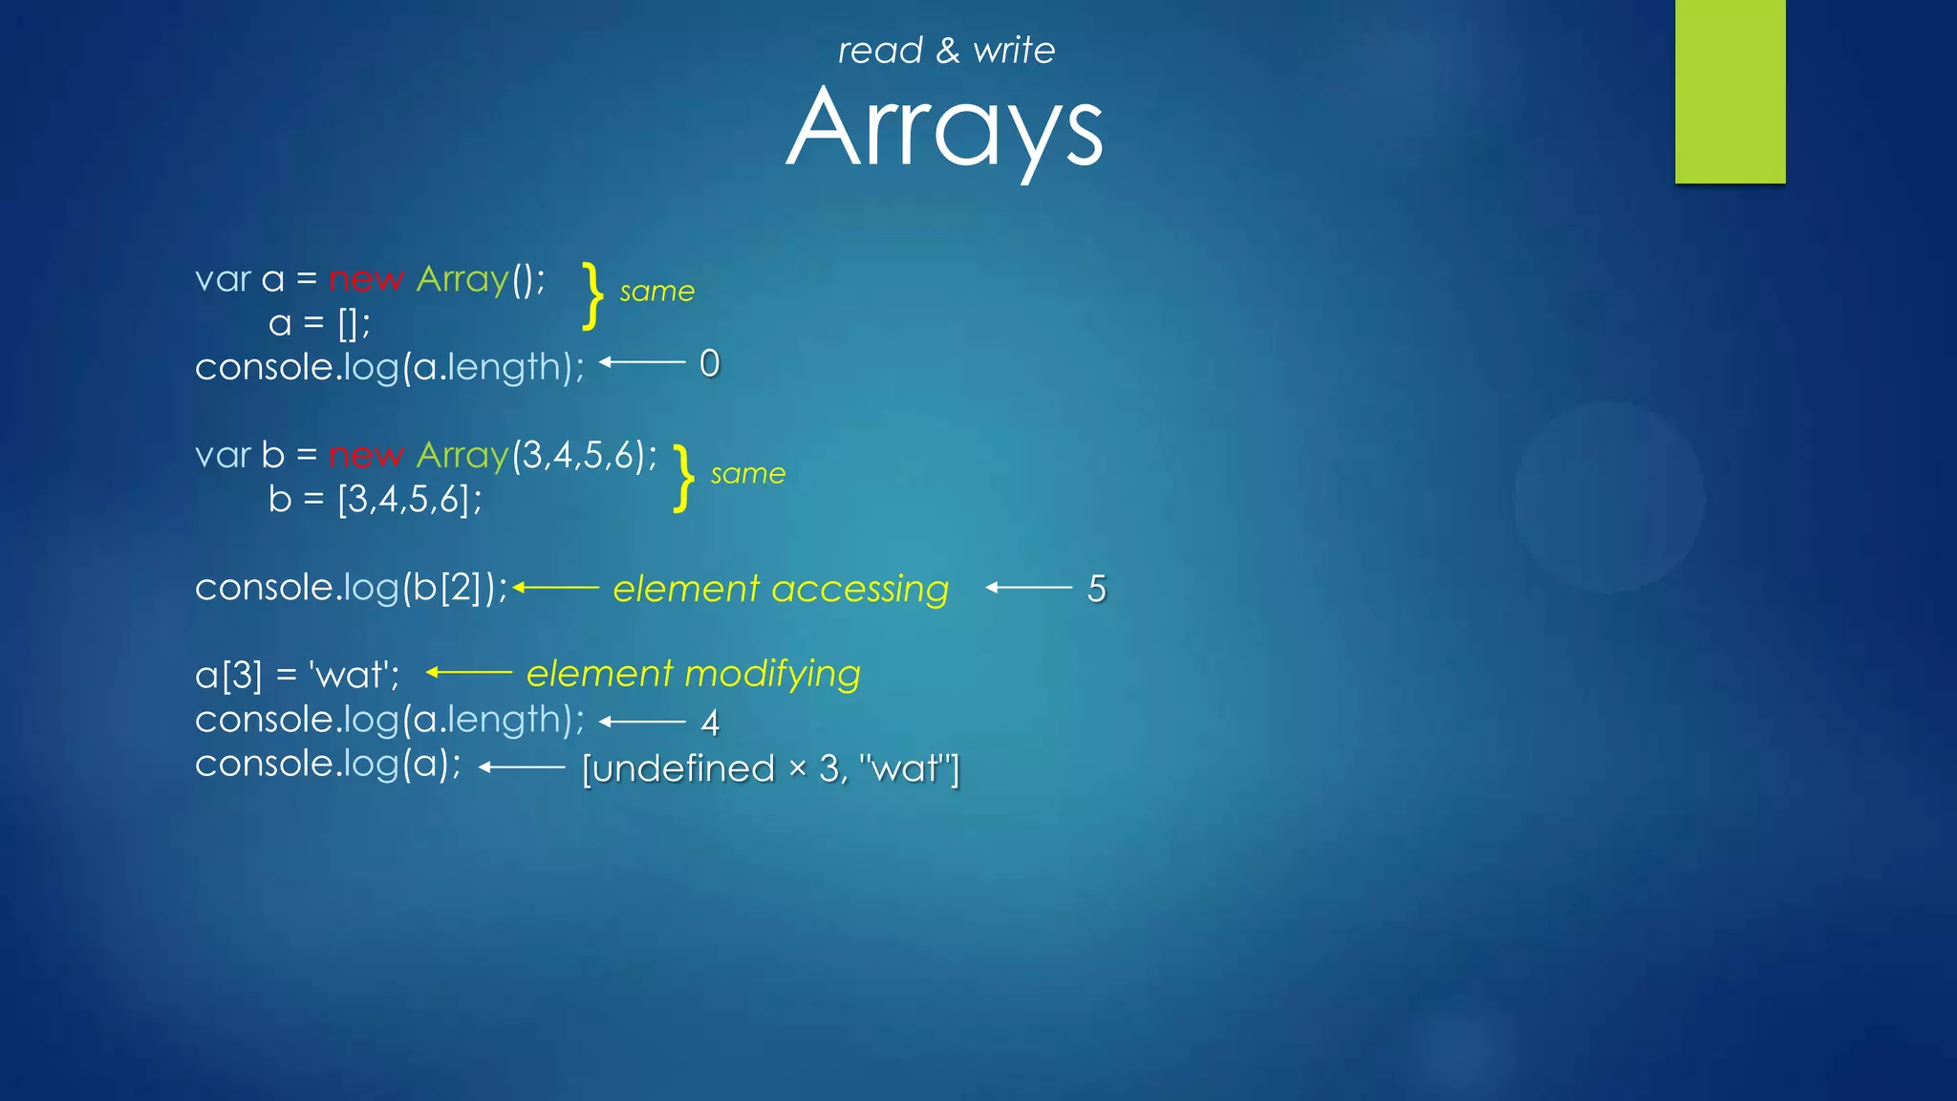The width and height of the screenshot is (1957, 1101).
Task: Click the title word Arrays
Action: coord(944,129)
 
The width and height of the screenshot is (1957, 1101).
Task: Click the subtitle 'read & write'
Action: coord(946,50)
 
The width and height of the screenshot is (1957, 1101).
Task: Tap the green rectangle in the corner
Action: coord(1730,91)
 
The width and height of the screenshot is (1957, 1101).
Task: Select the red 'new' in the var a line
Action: coord(366,279)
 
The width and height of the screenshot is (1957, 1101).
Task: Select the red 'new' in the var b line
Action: coord(366,455)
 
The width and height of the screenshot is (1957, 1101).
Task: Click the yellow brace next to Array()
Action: coord(593,296)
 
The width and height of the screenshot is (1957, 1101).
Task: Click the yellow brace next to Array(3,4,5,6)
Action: coord(683,478)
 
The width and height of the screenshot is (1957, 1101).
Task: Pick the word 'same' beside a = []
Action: coord(656,291)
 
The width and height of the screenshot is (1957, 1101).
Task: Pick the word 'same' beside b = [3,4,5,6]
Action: coord(747,473)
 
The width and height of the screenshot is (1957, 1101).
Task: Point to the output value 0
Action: coord(709,363)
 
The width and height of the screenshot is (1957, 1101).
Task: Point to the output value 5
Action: coord(1096,589)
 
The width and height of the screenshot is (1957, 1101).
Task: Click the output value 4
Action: coord(709,723)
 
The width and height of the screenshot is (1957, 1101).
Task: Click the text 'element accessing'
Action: coord(781,589)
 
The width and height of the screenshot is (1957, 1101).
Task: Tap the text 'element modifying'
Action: coord(693,674)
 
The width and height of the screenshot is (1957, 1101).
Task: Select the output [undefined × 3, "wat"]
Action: coord(770,768)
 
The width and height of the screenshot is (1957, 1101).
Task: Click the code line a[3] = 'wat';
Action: coord(297,675)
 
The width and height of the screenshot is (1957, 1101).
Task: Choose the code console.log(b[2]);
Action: coord(352,587)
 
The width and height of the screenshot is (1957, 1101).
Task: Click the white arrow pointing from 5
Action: coord(1029,588)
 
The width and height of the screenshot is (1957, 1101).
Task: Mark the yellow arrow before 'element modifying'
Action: coord(469,673)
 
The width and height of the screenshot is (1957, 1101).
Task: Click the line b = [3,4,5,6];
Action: coord(375,499)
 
